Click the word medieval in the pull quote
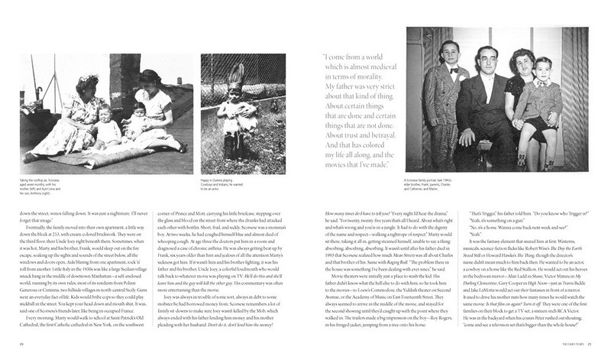coord(377,77)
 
